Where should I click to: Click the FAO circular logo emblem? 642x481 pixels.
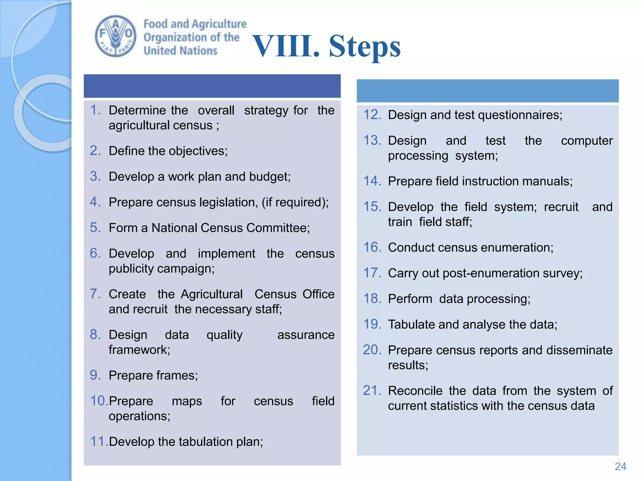(116, 36)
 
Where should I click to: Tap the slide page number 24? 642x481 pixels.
(620, 466)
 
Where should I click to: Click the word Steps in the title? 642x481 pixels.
(365, 46)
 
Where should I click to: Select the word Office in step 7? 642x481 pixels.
(318, 294)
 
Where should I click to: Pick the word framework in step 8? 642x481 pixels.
(139, 350)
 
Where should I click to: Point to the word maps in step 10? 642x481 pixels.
(187, 401)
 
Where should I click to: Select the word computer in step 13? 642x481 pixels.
(587, 141)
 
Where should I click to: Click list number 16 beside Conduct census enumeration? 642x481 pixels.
(372, 247)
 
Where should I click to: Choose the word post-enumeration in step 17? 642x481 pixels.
(491, 273)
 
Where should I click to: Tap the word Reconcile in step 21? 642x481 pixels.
(415, 391)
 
